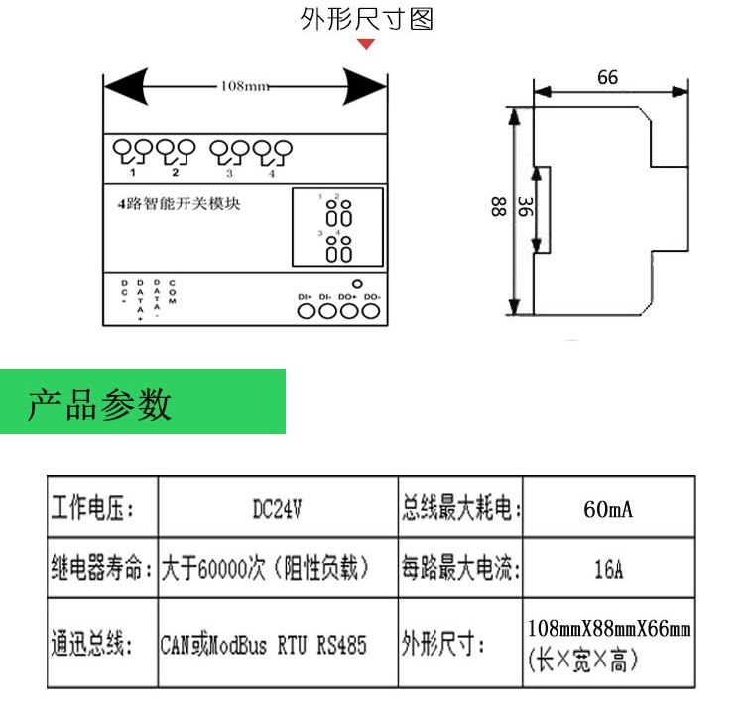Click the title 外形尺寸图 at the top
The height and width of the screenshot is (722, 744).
[x=367, y=19]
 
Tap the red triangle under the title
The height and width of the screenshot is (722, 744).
[x=367, y=44]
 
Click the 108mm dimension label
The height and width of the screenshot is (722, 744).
[x=243, y=86]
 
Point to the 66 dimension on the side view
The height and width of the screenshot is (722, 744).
[x=607, y=77]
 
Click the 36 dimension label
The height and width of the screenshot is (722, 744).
[x=526, y=207]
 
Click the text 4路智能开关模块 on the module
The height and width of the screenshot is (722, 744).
[x=179, y=205]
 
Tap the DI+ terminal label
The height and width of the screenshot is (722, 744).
[x=305, y=296]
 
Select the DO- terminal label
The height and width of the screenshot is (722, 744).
[x=372, y=296]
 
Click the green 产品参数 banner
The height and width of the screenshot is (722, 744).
[x=143, y=403]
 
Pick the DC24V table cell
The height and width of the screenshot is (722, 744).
[x=277, y=510]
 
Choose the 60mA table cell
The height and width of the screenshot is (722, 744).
[x=607, y=510]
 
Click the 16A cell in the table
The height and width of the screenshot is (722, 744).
[x=607, y=570]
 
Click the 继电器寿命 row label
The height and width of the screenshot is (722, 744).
[x=99, y=570]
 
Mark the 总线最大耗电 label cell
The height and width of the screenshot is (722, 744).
[x=460, y=510]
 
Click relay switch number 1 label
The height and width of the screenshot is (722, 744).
[x=132, y=174]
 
